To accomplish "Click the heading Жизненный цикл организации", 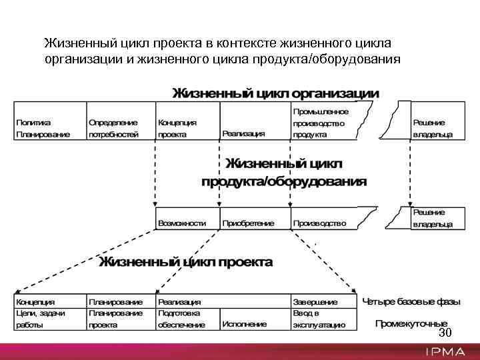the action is click(x=276, y=93).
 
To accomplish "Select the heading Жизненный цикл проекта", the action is click(x=186, y=261).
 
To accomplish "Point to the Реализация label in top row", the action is click(x=243, y=133).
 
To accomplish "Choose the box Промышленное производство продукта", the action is click(x=319, y=123).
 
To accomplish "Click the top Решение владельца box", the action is click(x=432, y=127).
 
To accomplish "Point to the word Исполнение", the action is click(x=245, y=324).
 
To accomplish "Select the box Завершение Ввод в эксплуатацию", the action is click(x=320, y=313).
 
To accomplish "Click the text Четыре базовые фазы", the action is click(x=411, y=302).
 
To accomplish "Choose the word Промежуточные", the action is click(x=411, y=324).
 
